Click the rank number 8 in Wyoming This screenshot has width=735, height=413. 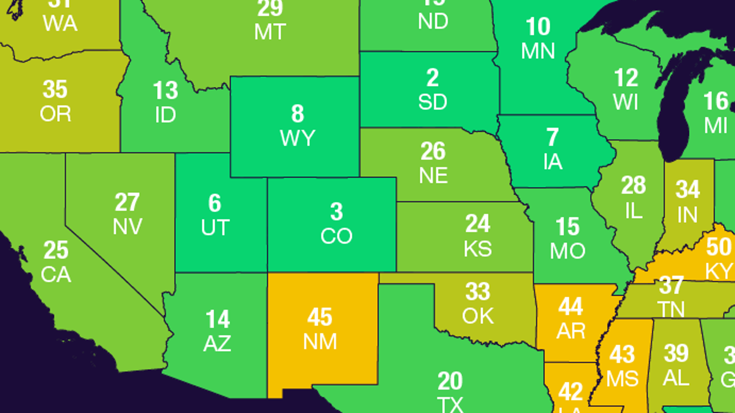298,113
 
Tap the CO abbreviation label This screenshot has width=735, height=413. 336,236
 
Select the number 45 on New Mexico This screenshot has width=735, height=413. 320,317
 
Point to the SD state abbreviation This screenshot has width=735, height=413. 432,102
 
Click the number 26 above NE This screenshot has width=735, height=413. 433,151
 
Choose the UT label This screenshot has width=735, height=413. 215,228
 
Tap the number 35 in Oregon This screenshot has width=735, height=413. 55,89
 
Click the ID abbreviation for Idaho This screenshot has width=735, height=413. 165,115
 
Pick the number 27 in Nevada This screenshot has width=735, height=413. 127,202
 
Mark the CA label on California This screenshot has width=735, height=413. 56,275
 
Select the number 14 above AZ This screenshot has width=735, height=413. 217,319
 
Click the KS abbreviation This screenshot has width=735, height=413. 478,249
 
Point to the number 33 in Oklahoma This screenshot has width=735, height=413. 478,292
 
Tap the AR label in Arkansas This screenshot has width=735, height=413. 571,331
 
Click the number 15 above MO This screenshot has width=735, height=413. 568,227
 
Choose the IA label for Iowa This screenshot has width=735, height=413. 553,162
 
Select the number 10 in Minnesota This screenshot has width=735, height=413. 538,27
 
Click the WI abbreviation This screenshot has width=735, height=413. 626,102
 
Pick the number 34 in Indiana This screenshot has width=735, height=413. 688,190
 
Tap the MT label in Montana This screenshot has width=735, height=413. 270,32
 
